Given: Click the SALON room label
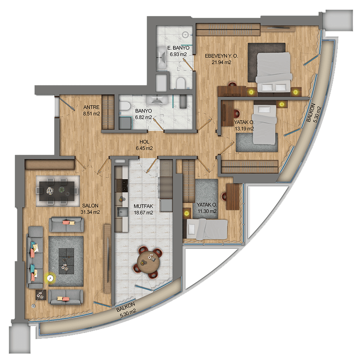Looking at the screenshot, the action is tap(90, 206).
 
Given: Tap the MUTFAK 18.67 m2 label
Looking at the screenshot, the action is tap(143, 210).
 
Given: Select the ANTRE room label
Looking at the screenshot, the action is tap(91, 107).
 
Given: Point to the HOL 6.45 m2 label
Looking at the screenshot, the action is tap(144, 145).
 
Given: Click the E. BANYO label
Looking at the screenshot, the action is tap(179, 48).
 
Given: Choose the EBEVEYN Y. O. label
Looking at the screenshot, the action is tap(221, 56).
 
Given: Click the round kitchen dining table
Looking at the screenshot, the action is tap(148, 262).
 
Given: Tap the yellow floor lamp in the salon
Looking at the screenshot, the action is tap(50, 278).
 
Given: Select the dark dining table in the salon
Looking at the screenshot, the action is tap(57, 191).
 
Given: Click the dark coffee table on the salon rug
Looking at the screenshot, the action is tap(67, 261).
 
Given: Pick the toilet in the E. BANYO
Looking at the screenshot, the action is tap(181, 83).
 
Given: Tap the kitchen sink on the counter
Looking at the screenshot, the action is tap(120, 212).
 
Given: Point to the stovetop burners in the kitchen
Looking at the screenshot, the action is tap(121, 186).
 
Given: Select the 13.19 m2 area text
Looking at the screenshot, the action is tap(244, 129).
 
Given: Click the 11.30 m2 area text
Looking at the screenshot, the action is tap(207, 211).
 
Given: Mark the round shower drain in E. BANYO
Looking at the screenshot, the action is tap(185, 35).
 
